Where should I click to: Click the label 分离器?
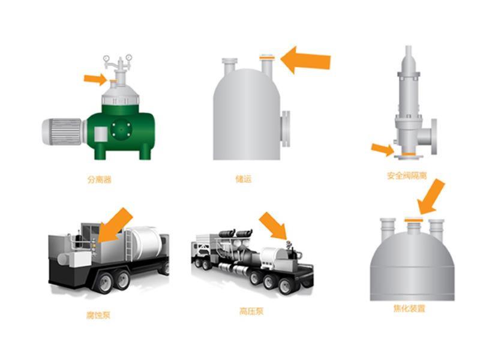click(100, 179)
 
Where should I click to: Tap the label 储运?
click(244, 179)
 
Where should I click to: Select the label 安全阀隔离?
click(407, 176)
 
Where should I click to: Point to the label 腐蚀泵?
click(98, 315)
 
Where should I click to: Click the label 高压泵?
click(251, 311)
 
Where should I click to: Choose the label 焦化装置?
click(409, 308)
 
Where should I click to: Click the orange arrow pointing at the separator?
click(95, 79)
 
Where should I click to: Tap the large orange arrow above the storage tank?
click(305, 61)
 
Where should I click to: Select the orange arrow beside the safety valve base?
click(383, 149)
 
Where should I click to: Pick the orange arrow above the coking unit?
click(431, 197)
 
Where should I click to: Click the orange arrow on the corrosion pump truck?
click(115, 226)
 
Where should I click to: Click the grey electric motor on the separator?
click(63, 131)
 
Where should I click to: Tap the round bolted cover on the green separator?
click(121, 130)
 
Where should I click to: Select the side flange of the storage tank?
click(286, 129)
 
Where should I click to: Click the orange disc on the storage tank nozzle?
click(267, 57)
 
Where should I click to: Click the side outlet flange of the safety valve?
click(434, 137)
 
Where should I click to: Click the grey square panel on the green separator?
click(101, 134)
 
